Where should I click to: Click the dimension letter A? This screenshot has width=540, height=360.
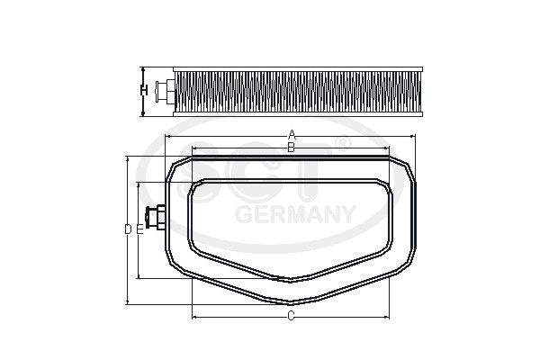point(292,134)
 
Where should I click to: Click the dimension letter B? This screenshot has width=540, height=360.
point(291,148)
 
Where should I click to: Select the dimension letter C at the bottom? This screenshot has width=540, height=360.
point(291,316)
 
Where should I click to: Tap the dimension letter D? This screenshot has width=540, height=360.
point(128,229)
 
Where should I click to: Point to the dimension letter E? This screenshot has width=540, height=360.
point(139,229)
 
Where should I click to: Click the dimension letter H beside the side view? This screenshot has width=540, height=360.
point(144,90)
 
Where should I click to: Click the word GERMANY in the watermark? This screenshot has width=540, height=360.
point(295,214)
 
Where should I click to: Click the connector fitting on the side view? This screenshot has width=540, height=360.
point(165,91)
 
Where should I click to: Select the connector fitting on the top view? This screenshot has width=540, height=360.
point(156,218)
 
